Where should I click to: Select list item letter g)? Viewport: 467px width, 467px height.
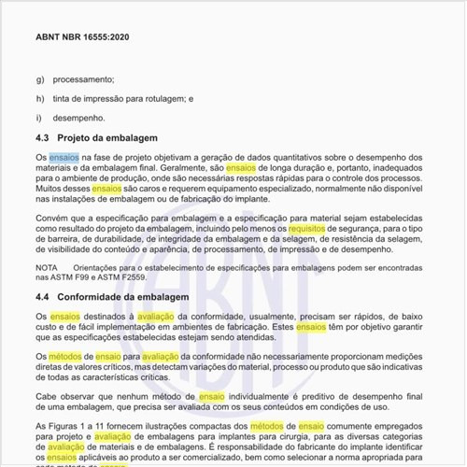[x=39, y=79]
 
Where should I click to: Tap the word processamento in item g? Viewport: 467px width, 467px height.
[x=83, y=79]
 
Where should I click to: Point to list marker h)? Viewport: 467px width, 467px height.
[x=39, y=99]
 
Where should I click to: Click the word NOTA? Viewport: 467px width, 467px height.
[x=47, y=268]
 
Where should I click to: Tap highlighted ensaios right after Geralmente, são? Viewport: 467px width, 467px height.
[x=267, y=168]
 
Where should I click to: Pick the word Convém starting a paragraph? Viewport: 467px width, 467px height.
[x=52, y=218]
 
